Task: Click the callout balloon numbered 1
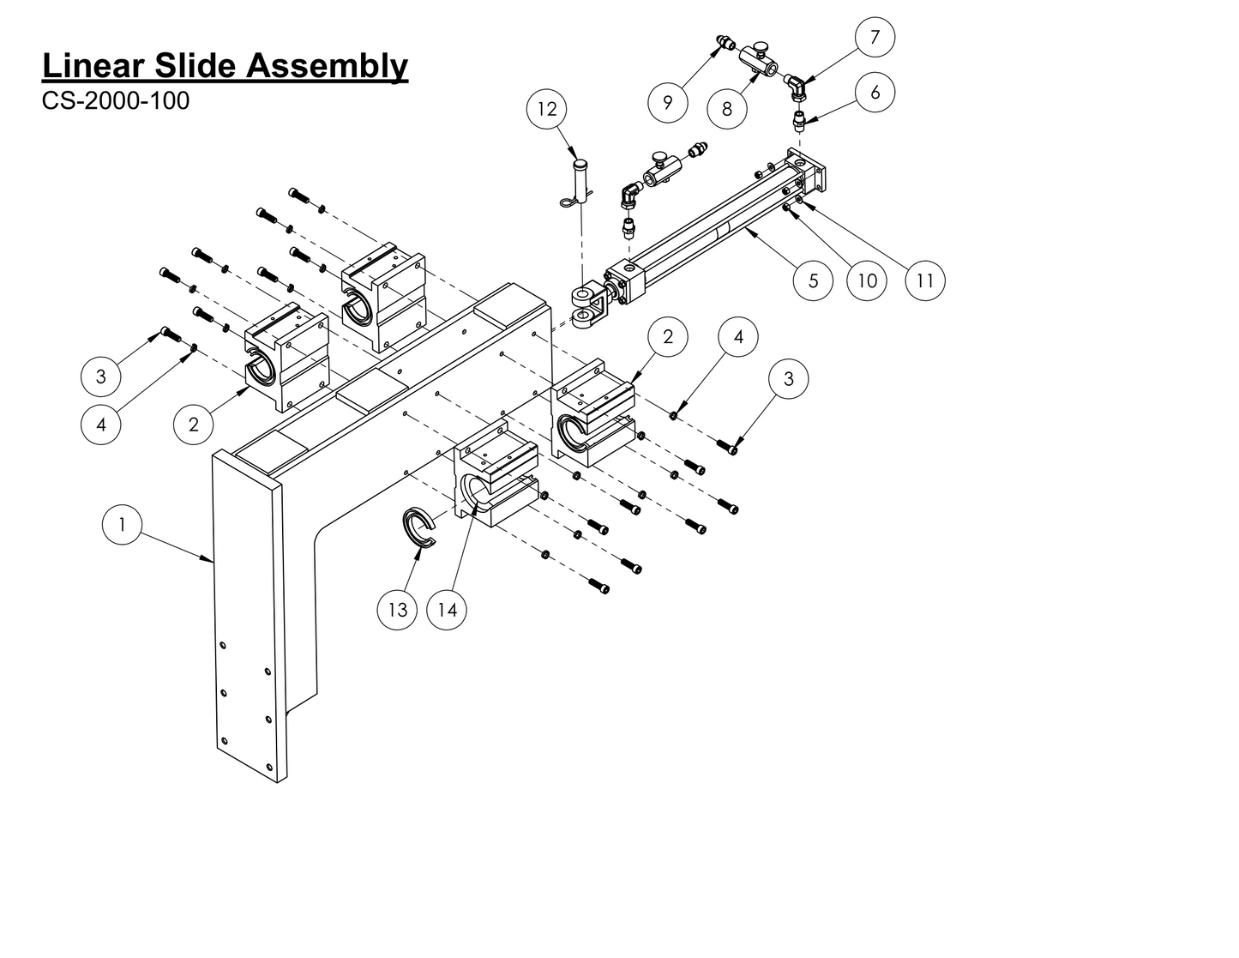coord(122,524)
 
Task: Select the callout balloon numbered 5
coord(813,280)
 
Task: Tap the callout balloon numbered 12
coord(547,109)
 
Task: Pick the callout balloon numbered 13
coord(398,610)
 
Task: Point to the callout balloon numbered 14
coord(447,610)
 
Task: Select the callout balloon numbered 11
coord(924,280)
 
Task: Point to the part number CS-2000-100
coord(116,101)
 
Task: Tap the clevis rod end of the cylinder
coord(588,307)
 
